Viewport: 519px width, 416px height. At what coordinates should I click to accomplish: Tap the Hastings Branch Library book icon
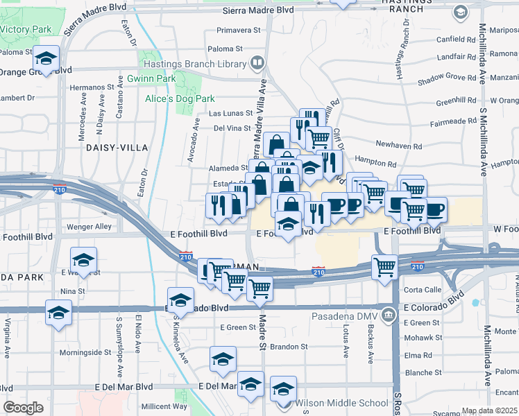[x=257, y=64]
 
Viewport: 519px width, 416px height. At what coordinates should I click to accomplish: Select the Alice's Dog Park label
[x=180, y=99]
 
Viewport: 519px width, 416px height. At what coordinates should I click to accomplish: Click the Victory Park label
[x=26, y=31]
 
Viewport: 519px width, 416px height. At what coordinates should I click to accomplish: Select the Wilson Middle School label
[x=341, y=403]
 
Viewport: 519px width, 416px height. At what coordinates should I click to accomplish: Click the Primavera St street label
[x=238, y=31]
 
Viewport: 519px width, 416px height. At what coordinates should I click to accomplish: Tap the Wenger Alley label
[x=88, y=227]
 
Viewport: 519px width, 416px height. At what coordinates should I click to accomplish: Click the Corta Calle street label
[x=423, y=290]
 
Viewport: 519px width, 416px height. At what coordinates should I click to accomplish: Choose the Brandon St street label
[x=289, y=346]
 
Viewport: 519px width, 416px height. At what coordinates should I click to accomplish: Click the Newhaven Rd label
[x=398, y=146]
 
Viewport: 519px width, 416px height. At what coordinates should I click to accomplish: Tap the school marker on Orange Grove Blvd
[x=47, y=60]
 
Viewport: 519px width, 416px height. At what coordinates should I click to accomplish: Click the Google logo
[x=23, y=408]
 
